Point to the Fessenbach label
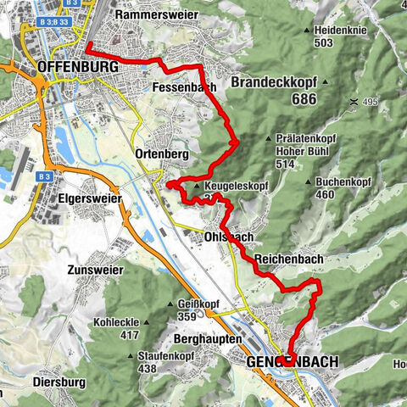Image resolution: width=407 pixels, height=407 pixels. click(185, 86)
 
